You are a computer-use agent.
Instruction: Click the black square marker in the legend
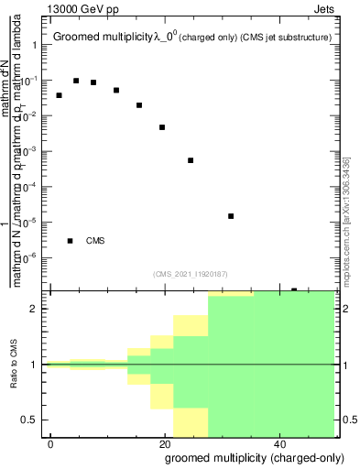coord(71,241)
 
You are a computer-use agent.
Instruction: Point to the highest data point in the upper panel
coord(76,81)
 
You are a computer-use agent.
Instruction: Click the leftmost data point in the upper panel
coord(60,95)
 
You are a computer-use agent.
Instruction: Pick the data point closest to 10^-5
coord(231,216)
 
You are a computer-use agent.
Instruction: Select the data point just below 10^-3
coord(191,160)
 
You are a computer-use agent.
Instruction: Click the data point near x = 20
coord(162,127)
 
